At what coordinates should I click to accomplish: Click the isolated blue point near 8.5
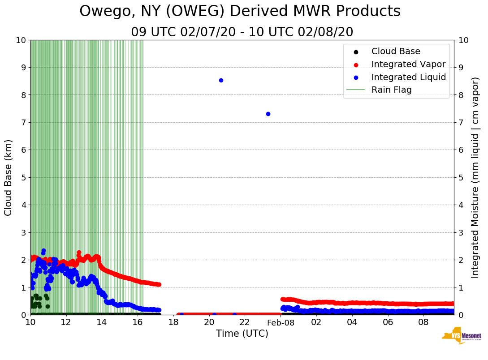click(x=221, y=80)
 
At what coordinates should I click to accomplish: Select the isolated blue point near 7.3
click(x=268, y=114)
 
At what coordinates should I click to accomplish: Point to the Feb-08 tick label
click(x=281, y=322)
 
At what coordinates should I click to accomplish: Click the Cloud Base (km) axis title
click(x=9, y=177)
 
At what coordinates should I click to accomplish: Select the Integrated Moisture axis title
click(x=475, y=177)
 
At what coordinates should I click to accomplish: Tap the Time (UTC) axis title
click(x=242, y=334)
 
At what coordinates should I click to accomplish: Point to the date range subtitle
click(x=242, y=32)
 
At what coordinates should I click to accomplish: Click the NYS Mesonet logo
click(x=461, y=336)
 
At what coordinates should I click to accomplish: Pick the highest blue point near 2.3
click(x=43, y=251)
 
